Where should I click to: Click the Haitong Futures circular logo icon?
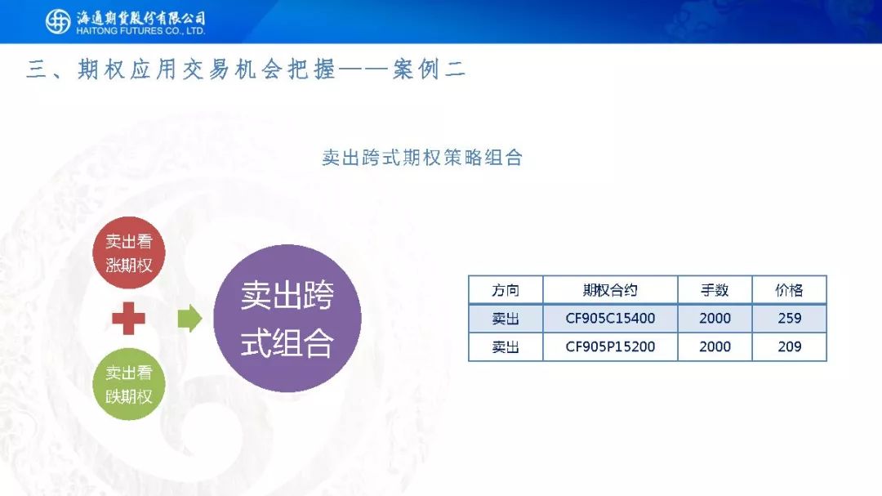58,22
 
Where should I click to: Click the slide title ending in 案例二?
246,69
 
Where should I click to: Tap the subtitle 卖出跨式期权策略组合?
422,158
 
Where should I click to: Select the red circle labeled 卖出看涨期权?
129,252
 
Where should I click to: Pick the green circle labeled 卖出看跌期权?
129,384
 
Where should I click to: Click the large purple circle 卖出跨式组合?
287,318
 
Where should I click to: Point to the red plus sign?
129,318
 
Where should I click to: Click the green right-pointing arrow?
189,318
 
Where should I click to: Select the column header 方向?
506,290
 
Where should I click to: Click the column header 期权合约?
610,290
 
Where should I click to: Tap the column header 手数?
715,290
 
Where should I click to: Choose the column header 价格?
789,290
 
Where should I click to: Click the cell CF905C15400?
610,318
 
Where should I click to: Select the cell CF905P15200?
610,346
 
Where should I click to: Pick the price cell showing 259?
789,318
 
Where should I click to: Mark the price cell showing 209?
789,346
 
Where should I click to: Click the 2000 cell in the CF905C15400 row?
715,318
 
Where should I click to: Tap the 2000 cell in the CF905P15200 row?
715,346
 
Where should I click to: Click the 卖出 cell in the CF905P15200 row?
506,346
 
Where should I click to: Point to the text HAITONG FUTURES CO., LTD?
140,31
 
